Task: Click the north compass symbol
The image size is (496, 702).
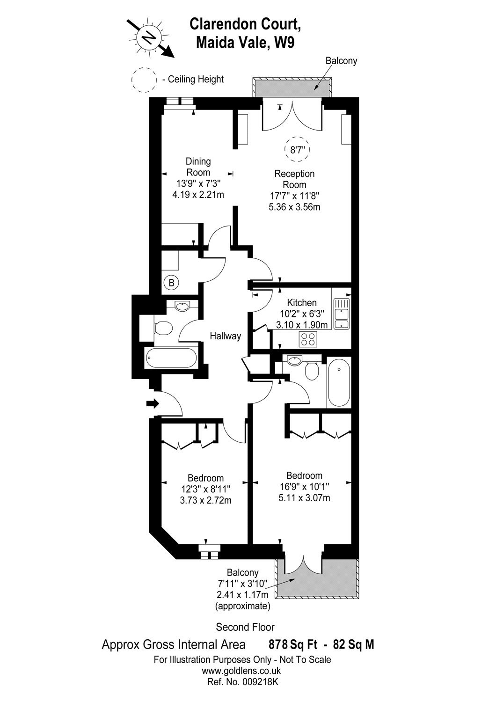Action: (150, 36)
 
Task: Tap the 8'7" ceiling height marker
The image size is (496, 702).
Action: (298, 150)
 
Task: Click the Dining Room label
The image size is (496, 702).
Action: (198, 167)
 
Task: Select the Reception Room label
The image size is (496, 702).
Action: (294, 179)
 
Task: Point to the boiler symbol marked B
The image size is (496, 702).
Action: (172, 283)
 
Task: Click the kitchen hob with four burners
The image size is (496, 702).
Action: (308, 339)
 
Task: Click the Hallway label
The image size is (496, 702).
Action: (225, 336)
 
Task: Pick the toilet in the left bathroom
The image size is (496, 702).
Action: (162, 328)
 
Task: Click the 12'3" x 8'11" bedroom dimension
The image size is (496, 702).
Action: (205, 489)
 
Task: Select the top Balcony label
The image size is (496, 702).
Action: (341, 61)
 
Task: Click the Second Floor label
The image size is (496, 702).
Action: (245, 627)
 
